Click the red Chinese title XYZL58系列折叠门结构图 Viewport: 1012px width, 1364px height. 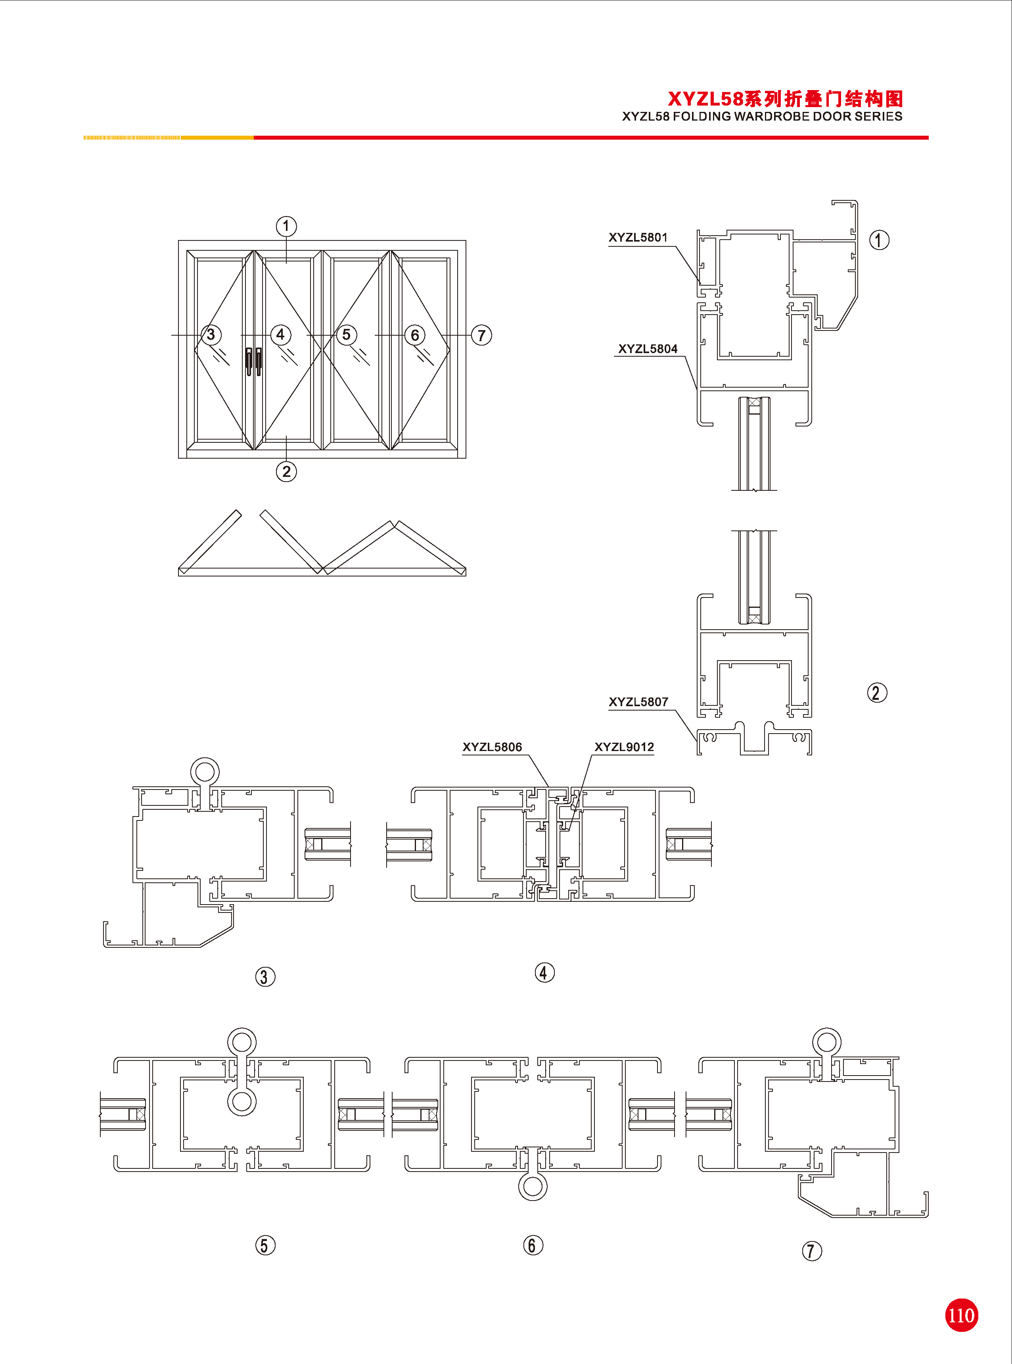pos(785,99)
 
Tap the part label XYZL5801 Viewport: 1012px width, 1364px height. pos(638,238)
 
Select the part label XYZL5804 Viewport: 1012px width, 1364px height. pos(648,349)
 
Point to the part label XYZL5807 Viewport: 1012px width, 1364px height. pos(638,702)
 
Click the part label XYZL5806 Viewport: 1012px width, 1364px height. pos(492,747)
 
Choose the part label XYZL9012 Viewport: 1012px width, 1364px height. pos(624,747)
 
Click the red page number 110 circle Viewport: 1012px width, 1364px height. pos(960,1315)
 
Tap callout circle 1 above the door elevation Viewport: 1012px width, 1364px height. pos(286,226)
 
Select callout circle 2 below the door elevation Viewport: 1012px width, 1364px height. pos(286,471)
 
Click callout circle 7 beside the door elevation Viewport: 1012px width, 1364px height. pos(481,335)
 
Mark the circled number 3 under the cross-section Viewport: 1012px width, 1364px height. pos(265,977)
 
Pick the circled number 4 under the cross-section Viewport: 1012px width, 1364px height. pos(544,972)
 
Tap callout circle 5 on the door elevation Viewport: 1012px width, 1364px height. pos(346,334)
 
